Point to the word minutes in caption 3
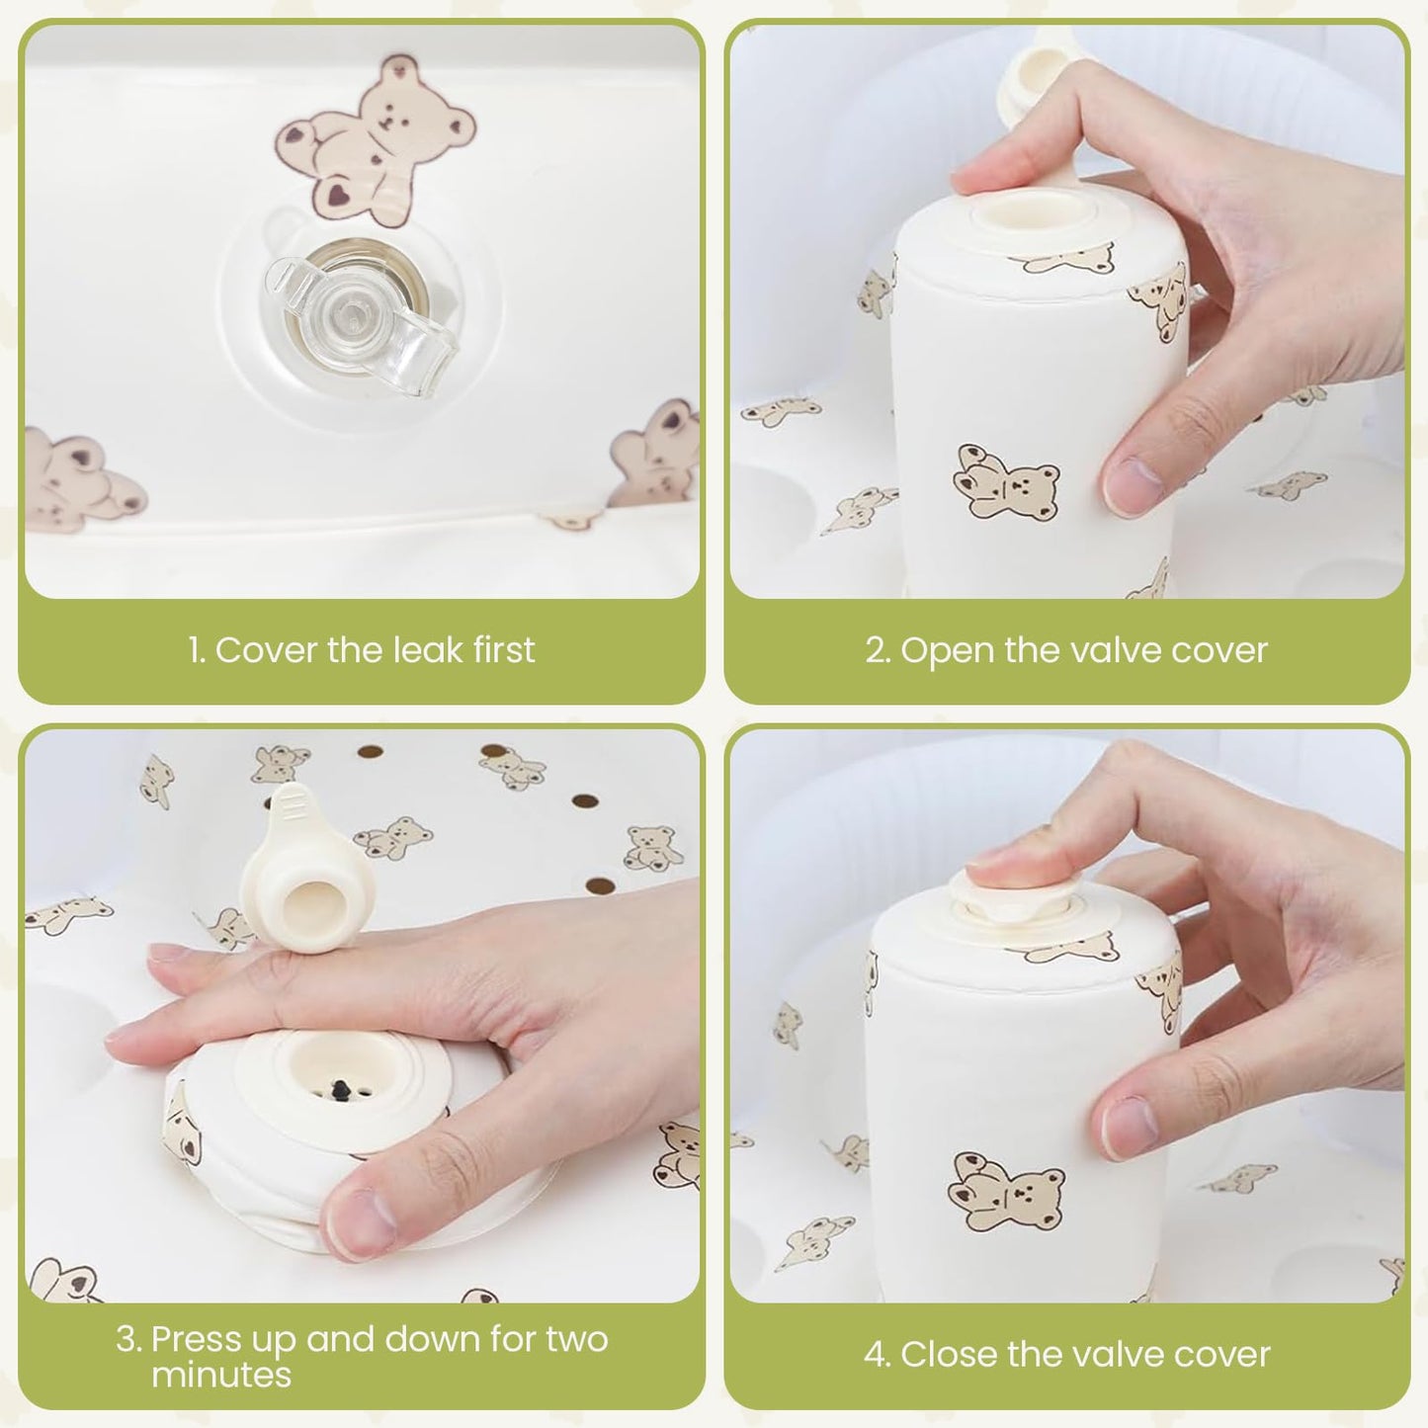[x=221, y=1376]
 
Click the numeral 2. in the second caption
[x=879, y=651]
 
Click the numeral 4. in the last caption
[x=878, y=1355]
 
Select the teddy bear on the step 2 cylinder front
[x=1006, y=484]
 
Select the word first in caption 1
[x=505, y=650]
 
